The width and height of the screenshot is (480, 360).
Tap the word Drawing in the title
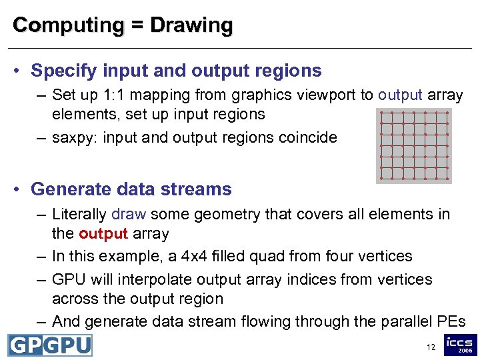pos(191,25)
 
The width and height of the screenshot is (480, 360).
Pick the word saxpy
pos(74,138)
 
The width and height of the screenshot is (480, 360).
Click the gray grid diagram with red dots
pos(414,145)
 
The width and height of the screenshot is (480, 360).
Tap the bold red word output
pos(102,233)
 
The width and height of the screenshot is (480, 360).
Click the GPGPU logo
pos(49,345)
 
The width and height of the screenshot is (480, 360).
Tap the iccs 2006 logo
pos(460,345)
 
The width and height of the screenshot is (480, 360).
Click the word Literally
pos(79,214)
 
